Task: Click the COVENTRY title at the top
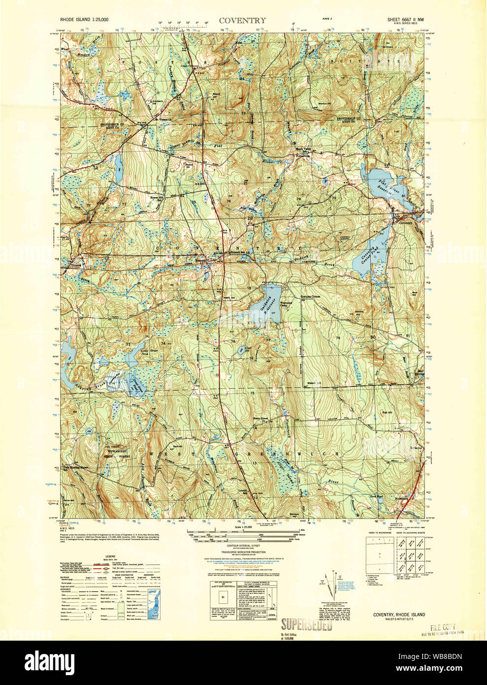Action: (x=242, y=21)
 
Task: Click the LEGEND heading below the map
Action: (x=110, y=555)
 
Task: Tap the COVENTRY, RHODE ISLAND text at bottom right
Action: (x=398, y=614)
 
